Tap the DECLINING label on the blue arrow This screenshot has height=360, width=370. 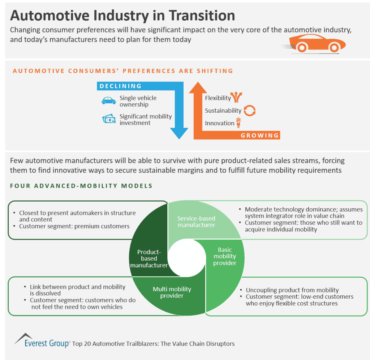click(121, 86)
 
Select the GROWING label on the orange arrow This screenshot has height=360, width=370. click(260, 135)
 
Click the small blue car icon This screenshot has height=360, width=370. click(109, 101)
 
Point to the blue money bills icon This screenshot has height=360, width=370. click(109, 120)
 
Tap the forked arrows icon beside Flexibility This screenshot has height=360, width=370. click(237, 97)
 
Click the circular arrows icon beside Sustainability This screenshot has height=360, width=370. click(249, 110)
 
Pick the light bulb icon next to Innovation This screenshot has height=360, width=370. click(238, 123)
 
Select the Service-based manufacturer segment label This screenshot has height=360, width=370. click(196, 222)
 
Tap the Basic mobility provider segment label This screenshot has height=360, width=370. click(224, 256)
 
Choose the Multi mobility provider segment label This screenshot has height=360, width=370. click(172, 292)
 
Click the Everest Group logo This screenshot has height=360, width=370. click(42, 341)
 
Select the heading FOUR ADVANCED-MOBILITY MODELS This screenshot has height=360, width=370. click(81, 186)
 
